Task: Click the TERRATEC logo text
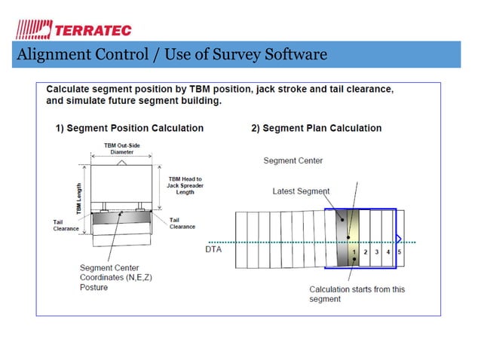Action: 92,29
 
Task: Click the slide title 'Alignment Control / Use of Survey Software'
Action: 171,54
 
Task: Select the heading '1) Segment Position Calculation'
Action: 130,128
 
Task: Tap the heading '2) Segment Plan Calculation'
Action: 316,128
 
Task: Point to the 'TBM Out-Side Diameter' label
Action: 122,148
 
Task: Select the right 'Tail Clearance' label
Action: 182,223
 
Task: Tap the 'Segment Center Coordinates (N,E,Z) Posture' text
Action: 115,277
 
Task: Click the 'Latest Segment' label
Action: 300,191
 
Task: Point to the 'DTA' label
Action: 213,249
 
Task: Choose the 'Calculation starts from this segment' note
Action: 357,294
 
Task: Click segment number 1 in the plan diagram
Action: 354,251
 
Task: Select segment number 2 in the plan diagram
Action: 366,251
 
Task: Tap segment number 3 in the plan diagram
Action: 377,251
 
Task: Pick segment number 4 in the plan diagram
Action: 388,251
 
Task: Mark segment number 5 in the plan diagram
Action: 399,251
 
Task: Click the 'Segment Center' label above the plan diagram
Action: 293,160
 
